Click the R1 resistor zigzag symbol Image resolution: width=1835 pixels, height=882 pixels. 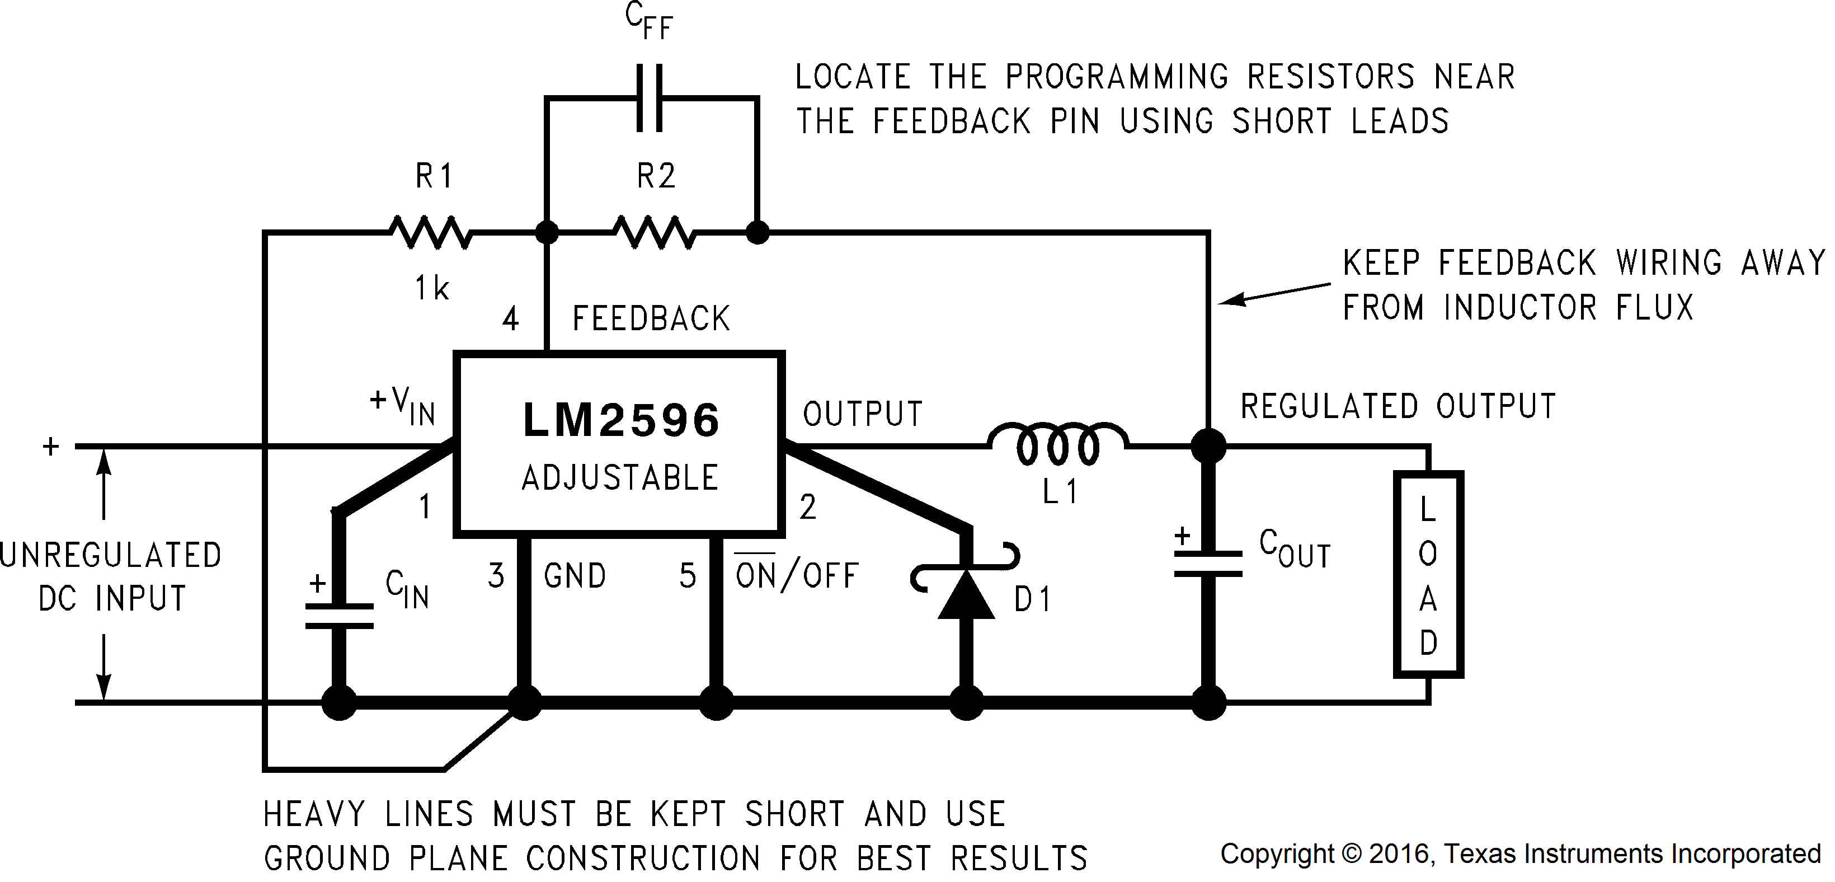(x=430, y=232)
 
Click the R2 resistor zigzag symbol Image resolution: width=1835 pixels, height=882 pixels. (x=654, y=232)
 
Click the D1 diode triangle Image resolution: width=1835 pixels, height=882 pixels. (x=966, y=594)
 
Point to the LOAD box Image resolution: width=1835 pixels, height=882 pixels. (x=1428, y=574)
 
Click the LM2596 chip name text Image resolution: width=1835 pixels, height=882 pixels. (x=620, y=420)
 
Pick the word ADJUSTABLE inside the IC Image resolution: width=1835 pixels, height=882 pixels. (x=620, y=477)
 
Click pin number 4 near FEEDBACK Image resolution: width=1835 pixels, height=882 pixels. (x=510, y=318)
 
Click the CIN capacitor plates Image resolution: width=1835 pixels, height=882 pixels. (x=339, y=616)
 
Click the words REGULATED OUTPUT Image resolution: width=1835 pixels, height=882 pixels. (x=1398, y=406)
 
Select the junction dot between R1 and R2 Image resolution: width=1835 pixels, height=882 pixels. (x=547, y=232)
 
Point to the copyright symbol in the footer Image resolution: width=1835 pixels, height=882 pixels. (x=1351, y=853)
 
